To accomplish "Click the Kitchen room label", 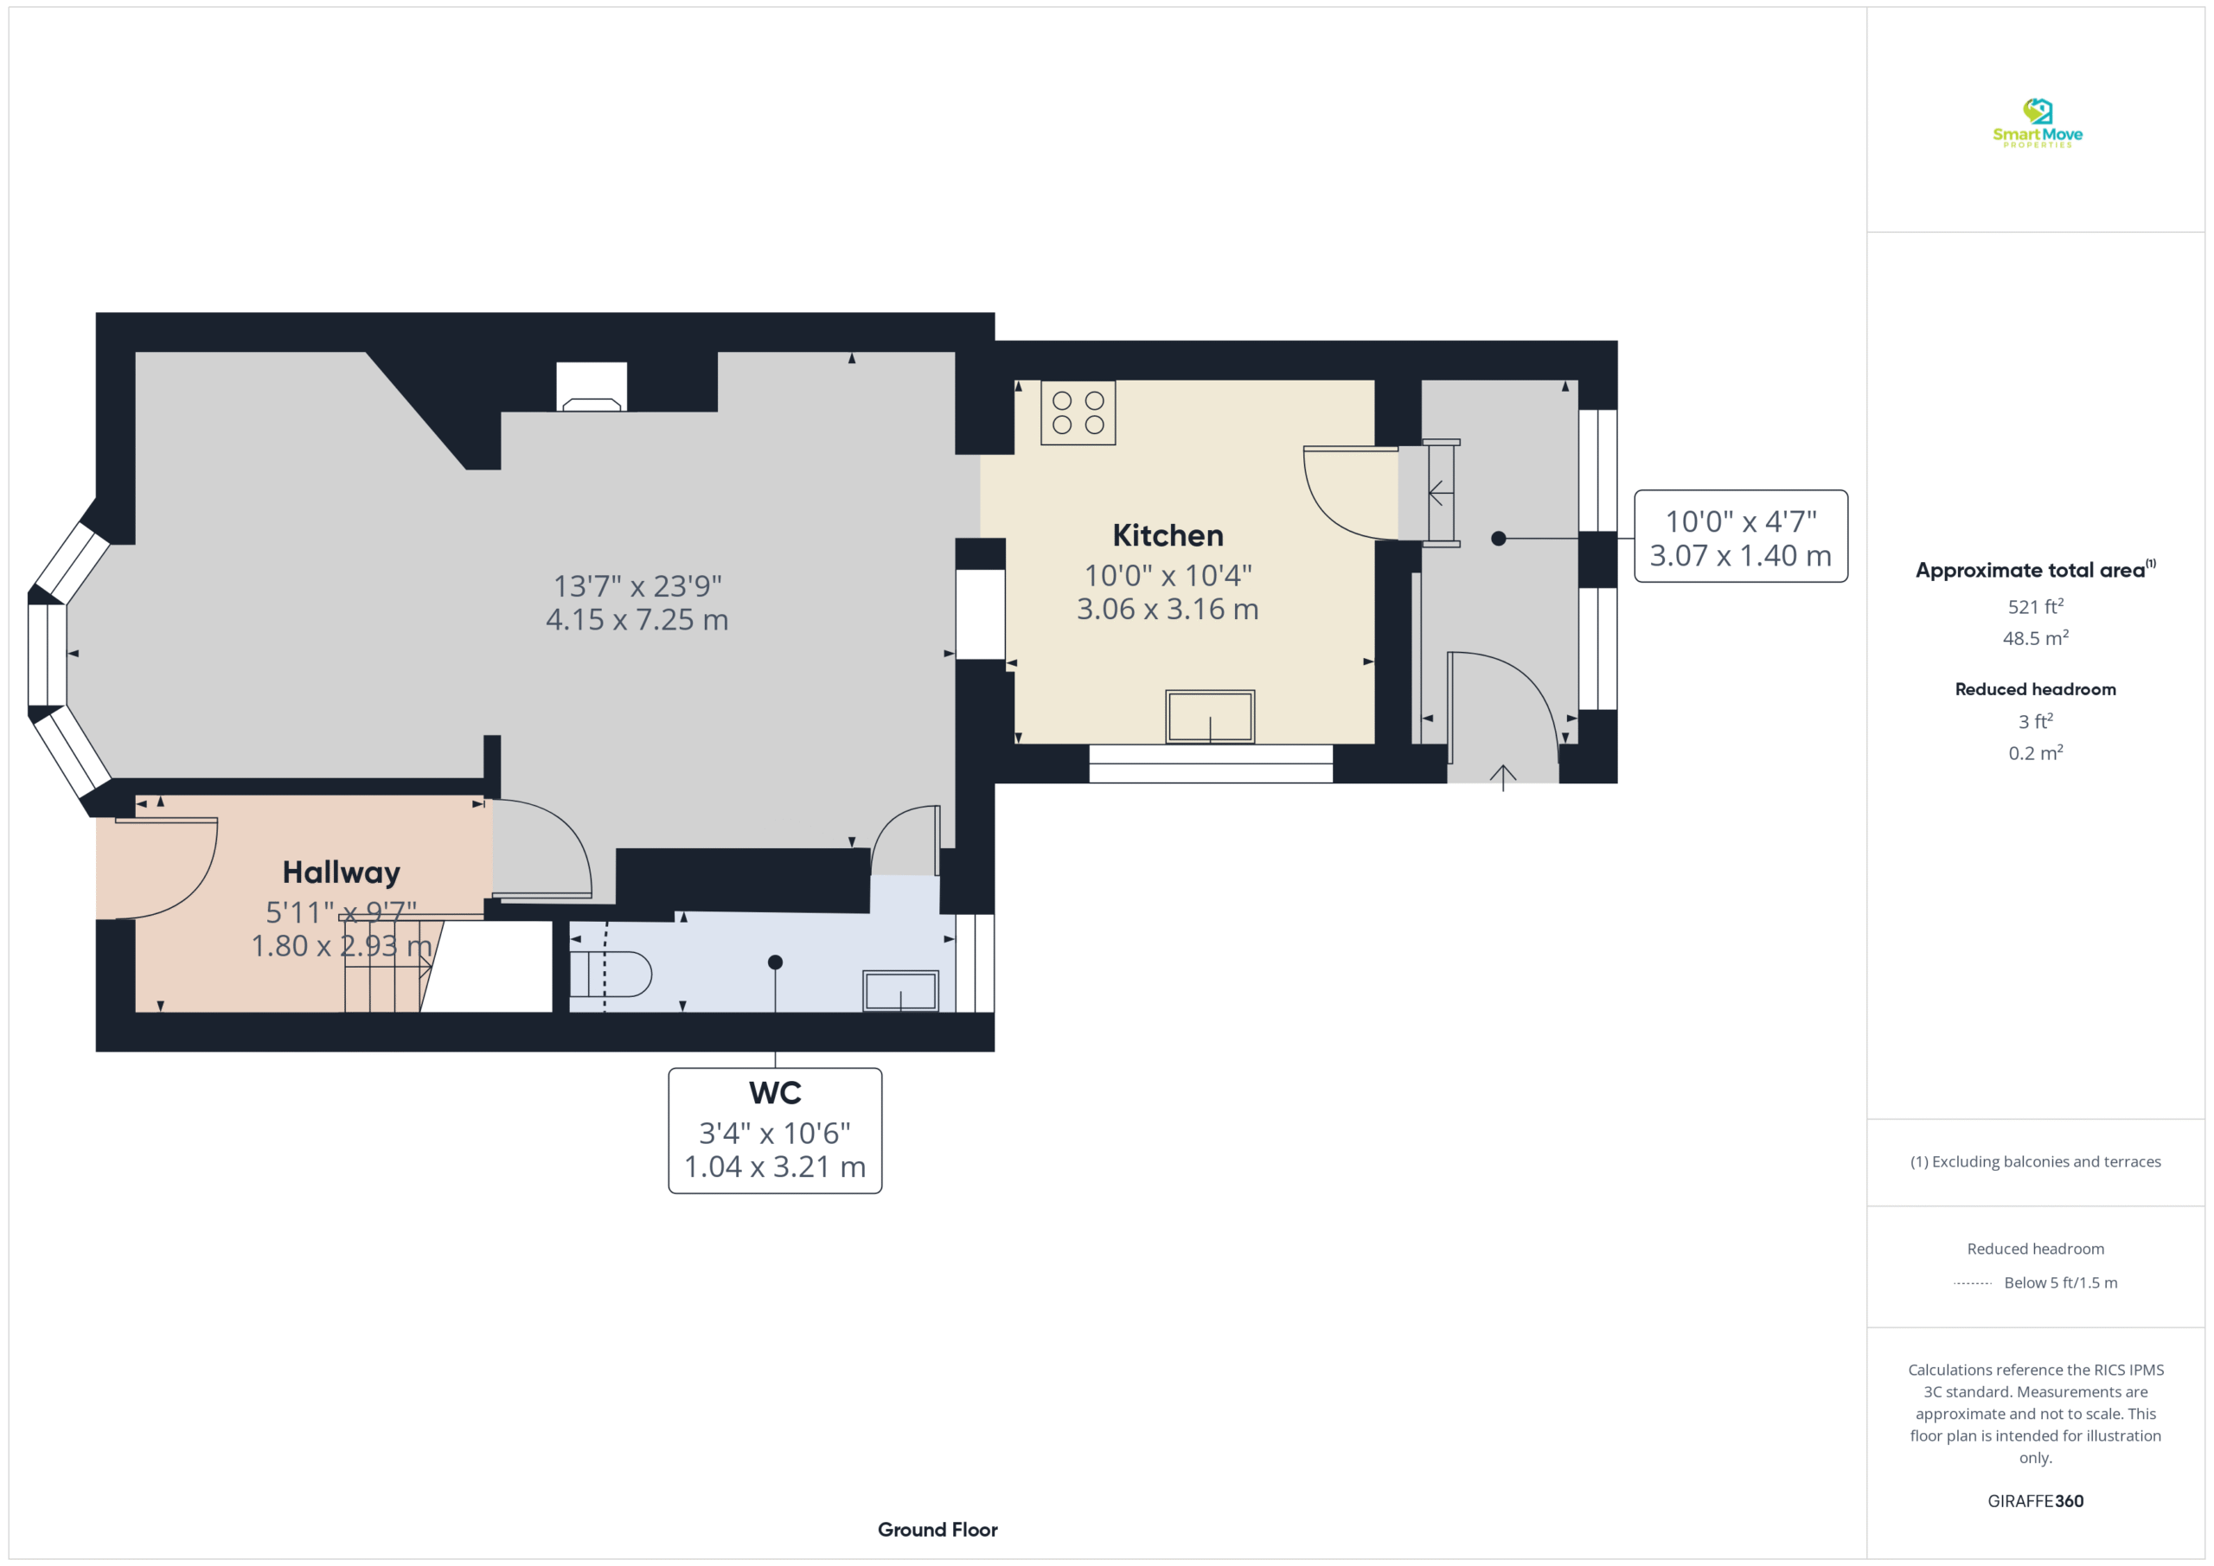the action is pyautogui.click(x=1168, y=535).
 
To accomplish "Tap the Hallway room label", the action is pyautogui.click(x=342, y=872).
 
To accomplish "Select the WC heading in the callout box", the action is pyautogui.click(x=775, y=1094).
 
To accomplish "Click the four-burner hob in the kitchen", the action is pyautogui.click(x=1078, y=412).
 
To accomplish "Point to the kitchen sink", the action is pyautogui.click(x=1210, y=717).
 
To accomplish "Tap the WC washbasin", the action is pyautogui.click(x=900, y=991).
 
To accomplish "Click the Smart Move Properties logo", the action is pyautogui.click(x=2038, y=124).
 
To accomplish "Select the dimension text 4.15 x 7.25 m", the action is pyautogui.click(x=637, y=620).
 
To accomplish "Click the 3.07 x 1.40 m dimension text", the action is pyautogui.click(x=1741, y=556).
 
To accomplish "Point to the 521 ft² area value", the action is pyautogui.click(x=2036, y=606).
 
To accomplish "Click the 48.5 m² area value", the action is pyautogui.click(x=2036, y=638).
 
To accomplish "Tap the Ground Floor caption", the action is pyautogui.click(x=937, y=1530).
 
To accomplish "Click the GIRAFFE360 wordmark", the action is pyautogui.click(x=2036, y=1500).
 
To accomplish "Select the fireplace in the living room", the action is pyautogui.click(x=592, y=387).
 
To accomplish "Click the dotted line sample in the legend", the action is pyautogui.click(x=1973, y=1283).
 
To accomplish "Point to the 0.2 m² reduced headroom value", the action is pyautogui.click(x=2036, y=753).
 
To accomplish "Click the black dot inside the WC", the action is pyautogui.click(x=775, y=962).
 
